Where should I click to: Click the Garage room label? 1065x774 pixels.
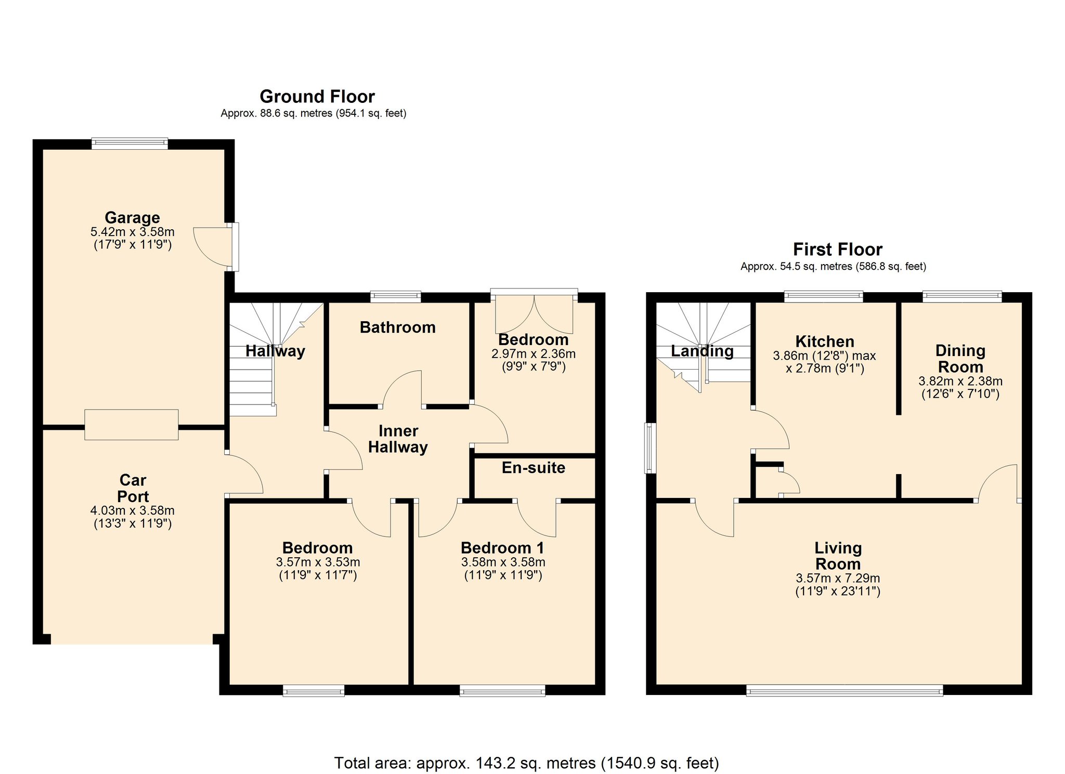click(x=132, y=217)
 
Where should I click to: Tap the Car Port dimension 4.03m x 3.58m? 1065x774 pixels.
click(x=132, y=511)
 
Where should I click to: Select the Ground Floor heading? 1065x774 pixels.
click(x=317, y=97)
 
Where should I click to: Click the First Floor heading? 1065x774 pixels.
click(x=837, y=250)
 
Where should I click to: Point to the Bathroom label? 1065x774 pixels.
click(x=397, y=327)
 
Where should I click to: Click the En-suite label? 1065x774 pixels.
click(x=533, y=468)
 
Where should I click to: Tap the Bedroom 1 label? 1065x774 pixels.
click(x=502, y=548)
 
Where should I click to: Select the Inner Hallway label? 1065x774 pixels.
click(x=398, y=439)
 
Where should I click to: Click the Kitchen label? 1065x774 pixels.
click(x=825, y=342)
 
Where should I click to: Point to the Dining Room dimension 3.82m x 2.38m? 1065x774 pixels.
click(x=960, y=381)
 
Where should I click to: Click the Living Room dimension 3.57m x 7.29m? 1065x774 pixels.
click(x=838, y=578)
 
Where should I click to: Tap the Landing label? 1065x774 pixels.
click(x=702, y=351)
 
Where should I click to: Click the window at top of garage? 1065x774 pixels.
click(x=129, y=143)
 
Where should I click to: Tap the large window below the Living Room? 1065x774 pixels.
click(x=844, y=690)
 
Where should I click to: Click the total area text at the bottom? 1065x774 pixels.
click(x=526, y=763)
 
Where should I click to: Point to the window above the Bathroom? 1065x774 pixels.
click(x=396, y=297)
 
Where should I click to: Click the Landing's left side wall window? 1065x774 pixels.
click(x=650, y=448)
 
